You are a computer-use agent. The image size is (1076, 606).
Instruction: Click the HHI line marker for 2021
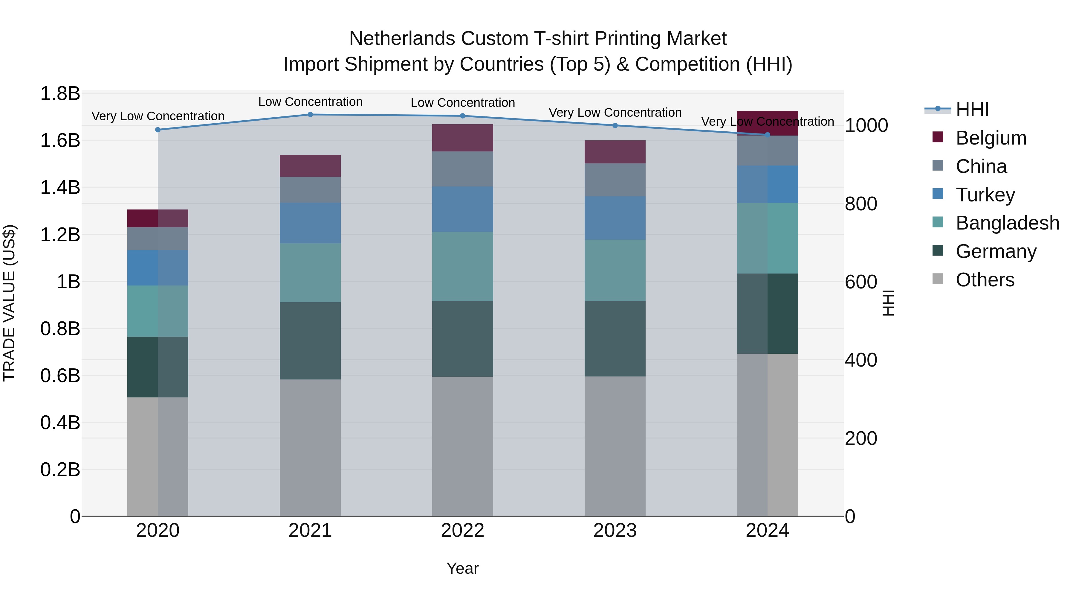(310, 115)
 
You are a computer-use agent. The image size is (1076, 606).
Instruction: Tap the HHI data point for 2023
(615, 125)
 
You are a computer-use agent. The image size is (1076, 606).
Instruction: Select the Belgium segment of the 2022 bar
(462, 138)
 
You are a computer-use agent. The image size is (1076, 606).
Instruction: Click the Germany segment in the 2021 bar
(310, 341)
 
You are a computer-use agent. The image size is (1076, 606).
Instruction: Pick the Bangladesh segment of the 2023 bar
(615, 270)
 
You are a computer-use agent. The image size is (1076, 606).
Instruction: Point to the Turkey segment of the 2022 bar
(462, 209)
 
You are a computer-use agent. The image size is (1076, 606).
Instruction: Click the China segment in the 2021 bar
(310, 189)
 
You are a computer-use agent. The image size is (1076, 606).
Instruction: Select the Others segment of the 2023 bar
(615, 446)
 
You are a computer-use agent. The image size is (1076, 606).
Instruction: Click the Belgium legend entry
(991, 138)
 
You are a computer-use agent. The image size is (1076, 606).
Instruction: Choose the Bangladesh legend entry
(1007, 223)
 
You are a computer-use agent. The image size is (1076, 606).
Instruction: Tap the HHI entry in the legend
(972, 110)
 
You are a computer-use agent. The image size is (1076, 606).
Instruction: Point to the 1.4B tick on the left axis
(60, 187)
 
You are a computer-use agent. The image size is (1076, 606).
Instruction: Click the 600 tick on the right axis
(861, 282)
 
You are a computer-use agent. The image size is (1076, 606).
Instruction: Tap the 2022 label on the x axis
(462, 531)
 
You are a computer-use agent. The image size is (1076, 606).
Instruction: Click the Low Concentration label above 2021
(310, 102)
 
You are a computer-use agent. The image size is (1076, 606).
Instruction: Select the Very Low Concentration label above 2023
(615, 113)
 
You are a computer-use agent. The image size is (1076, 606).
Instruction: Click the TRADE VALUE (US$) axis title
(9, 303)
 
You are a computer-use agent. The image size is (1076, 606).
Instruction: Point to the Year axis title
(462, 568)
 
